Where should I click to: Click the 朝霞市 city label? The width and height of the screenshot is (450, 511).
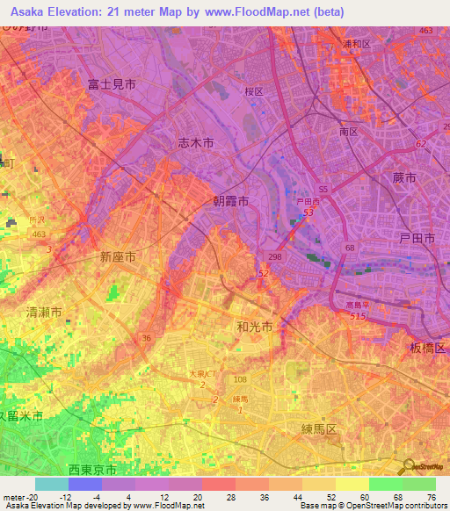[231, 201]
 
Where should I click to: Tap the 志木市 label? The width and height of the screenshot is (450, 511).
[196, 143]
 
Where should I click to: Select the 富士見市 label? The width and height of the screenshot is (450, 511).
[112, 84]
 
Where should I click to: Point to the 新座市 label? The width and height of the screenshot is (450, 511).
[118, 257]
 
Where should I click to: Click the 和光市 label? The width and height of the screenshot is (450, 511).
[254, 327]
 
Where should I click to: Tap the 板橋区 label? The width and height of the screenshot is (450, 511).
[429, 349]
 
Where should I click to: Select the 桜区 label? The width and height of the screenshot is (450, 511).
[255, 90]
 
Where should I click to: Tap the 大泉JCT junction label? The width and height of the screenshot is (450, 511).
[203, 374]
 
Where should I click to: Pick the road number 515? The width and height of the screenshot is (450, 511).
[356, 316]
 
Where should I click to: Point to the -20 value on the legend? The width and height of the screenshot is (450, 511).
[26, 496]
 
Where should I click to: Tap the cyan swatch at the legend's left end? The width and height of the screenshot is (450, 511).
[52, 484]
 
